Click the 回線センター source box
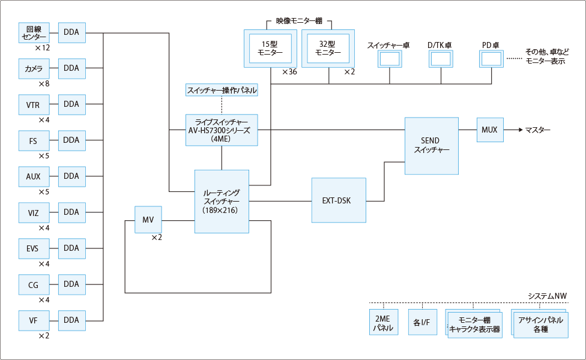(33, 32)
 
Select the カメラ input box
(33, 68)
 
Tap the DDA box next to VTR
(71, 104)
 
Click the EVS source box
(33, 248)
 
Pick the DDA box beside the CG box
(71, 284)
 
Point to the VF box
(33, 320)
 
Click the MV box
(148, 220)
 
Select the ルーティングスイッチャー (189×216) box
(222, 201)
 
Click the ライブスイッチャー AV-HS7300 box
(222, 130)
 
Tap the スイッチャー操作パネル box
(222, 91)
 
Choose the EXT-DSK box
(339, 200)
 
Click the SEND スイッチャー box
(431, 145)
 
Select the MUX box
(489, 130)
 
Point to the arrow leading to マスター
(512, 130)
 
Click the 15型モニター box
(270, 48)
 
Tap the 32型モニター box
(328, 48)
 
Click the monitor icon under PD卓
(491, 59)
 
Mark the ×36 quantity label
(289, 72)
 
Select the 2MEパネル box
(383, 323)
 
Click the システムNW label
(547, 296)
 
